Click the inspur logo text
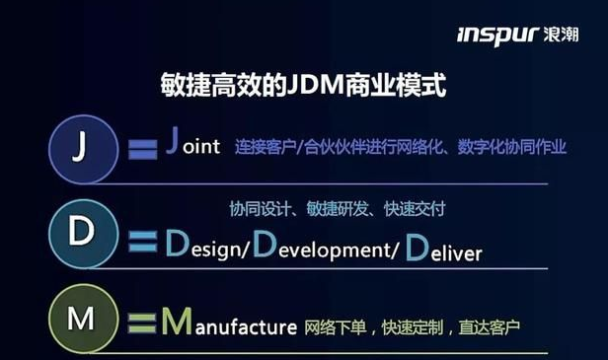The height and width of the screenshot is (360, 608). click(496, 36)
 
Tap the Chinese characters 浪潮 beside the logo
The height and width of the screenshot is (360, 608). click(566, 36)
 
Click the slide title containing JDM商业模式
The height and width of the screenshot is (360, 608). click(303, 86)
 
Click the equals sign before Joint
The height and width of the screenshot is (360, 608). click(143, 151)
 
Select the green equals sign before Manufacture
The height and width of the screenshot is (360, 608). click(144, 322)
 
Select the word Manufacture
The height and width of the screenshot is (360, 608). click(229, 323)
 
